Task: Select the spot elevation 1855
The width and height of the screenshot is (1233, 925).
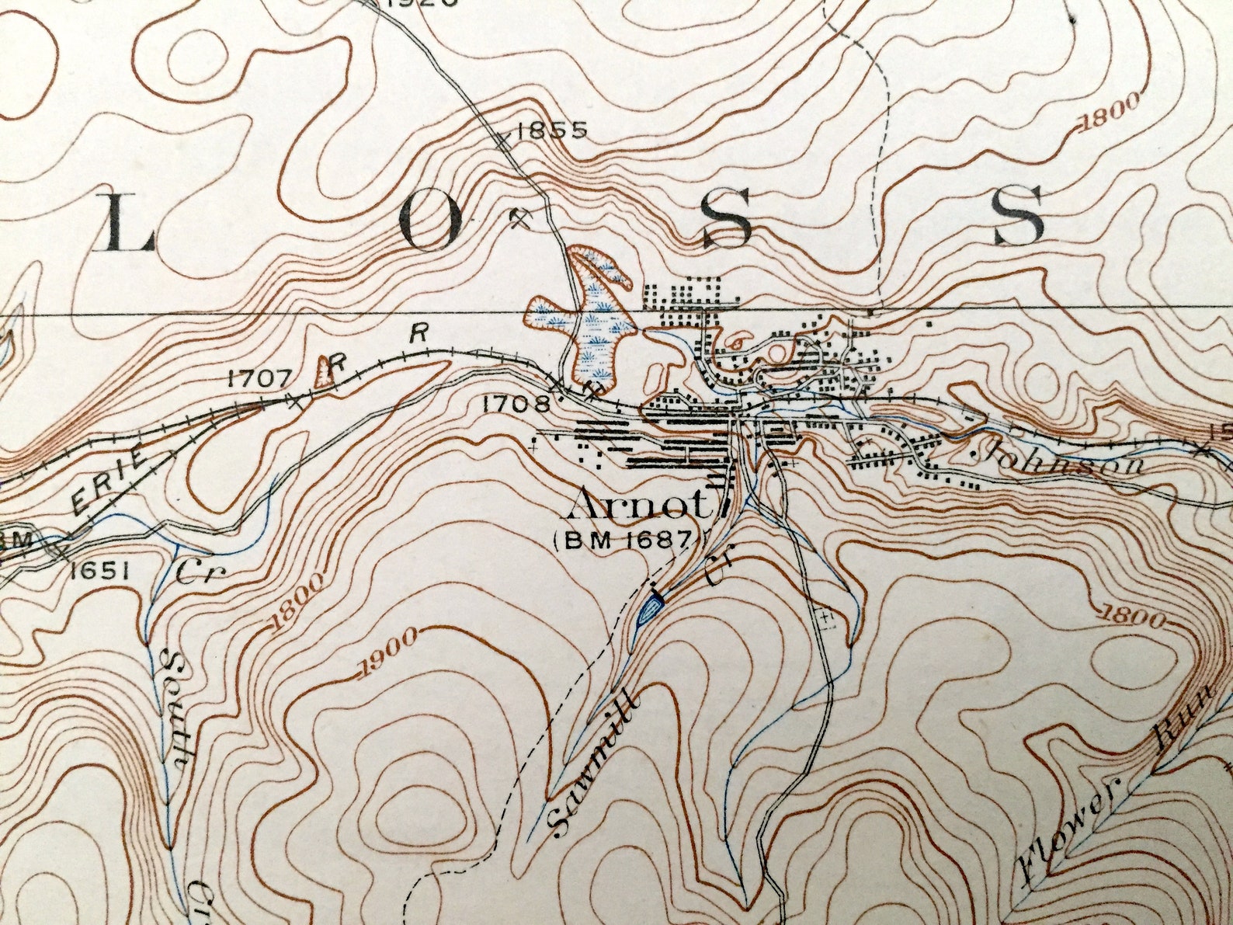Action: tap(552, 130)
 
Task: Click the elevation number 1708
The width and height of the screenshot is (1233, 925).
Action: tap(516, 404)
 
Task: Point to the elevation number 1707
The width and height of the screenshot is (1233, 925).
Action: tap(259, 378)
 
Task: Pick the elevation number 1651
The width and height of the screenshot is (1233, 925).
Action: tap(99, 572)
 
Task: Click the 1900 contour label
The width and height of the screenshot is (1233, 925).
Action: tap(389, 655)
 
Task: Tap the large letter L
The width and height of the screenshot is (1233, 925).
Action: tap(127, 224)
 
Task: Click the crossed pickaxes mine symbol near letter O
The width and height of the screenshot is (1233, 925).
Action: tap(521, 217)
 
